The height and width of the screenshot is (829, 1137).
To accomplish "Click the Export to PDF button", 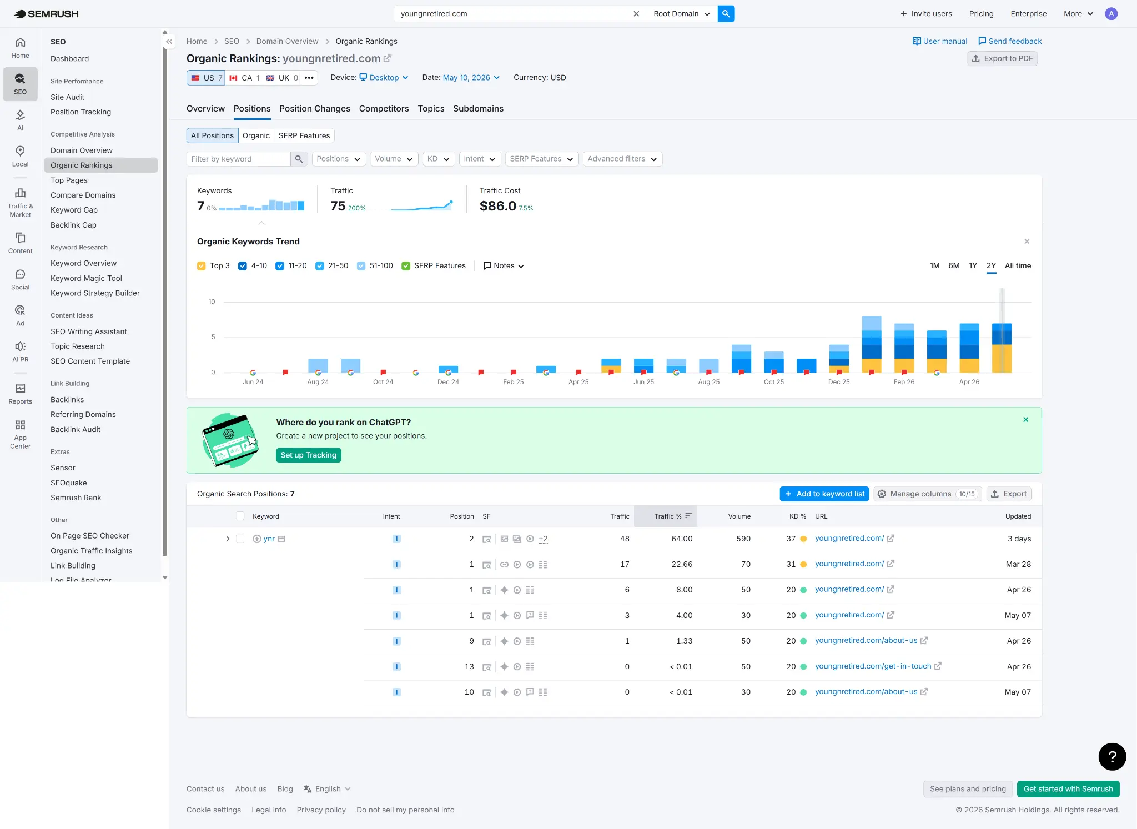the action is click(x=1002, y=58).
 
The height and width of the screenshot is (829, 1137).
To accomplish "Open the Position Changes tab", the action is click(x=315, y=109).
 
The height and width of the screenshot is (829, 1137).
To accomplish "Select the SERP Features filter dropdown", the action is click(x=542, y=159).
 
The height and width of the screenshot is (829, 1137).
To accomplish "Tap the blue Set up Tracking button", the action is click(x=309, y=455).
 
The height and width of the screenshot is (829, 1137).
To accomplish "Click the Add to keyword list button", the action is click(x=824, y=494).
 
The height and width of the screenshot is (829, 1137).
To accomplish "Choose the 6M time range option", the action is click(x=954, y=265).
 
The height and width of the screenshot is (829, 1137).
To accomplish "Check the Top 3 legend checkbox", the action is click(x=202, y=266).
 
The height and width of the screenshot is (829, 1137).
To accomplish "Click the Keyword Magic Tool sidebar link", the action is click(x=86, y=278).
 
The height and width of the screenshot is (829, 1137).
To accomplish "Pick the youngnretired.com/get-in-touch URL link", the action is click(x=873, y=666).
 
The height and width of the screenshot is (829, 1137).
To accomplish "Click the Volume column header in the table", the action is click(x=739, y=516).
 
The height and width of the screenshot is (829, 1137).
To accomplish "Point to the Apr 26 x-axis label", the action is click(x=969, y=382).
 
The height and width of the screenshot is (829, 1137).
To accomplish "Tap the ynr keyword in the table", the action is click(x=269, y=539).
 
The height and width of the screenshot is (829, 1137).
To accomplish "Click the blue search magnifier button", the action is click(x=726, y=14).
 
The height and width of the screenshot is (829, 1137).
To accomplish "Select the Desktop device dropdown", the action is click(x=384, y=78).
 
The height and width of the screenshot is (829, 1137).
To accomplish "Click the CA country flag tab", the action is click(x=245, y=78).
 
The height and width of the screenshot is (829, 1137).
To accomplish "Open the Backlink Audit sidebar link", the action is click(x=76, y=429).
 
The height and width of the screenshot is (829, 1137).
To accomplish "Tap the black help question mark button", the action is click(x=1112, y=756).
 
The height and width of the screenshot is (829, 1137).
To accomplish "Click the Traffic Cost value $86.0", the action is click(x=498, y=206).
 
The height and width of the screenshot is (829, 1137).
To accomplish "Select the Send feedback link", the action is click(x=1010, y=41).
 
